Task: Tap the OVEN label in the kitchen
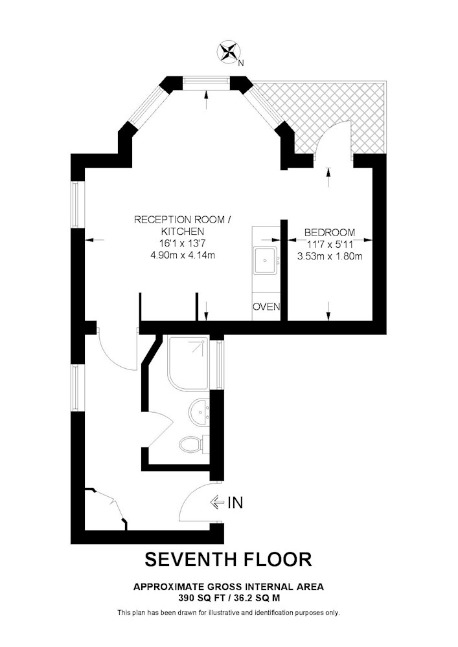pos(266,307)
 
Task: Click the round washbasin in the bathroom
pos(199,410)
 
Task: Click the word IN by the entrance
pos(235,502)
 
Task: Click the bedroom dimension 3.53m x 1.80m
pos(329,256)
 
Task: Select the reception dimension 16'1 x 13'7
pos(182,243)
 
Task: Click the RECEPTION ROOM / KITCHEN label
pos(182,225)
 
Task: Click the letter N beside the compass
pos(242,63)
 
